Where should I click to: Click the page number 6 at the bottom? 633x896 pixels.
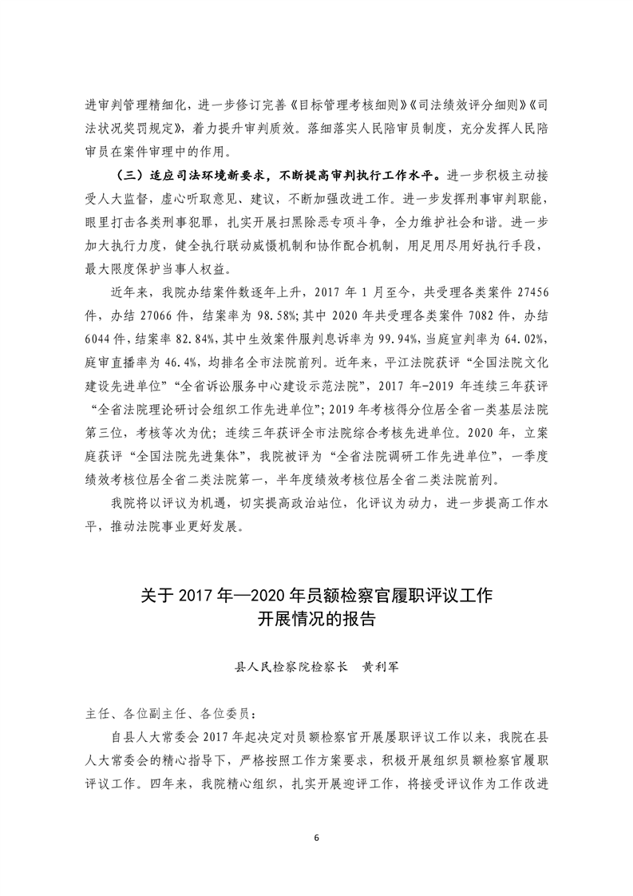coord(317,838)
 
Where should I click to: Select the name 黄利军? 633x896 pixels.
coord(377,665)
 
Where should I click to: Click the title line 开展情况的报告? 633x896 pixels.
coord(316,620)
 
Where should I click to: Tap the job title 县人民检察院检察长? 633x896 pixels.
coord(291,665)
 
